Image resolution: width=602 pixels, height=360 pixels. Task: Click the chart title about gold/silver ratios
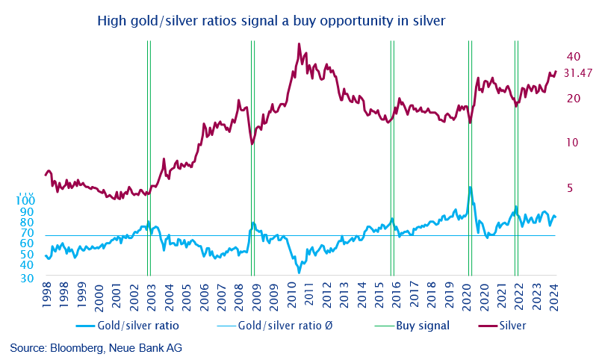click(x=271, y=21)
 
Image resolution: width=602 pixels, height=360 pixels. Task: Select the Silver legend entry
click(x=512, y=326)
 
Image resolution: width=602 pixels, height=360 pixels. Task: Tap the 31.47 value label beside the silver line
click(x=578, y=73)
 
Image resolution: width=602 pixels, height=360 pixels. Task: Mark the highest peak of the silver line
click(x=299, y=44)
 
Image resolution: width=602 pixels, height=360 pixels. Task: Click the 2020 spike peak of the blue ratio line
click(x=470, y=187)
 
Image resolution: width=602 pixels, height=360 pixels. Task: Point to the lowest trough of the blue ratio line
click(x=299, y=273)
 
